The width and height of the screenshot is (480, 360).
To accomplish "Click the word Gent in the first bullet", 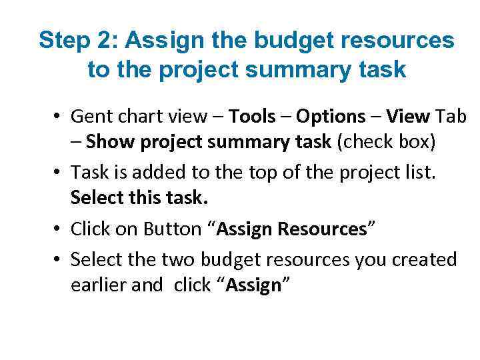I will [89, 117].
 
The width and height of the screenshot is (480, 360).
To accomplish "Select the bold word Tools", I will [252, 117].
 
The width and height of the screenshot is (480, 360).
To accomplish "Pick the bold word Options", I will [331, 117].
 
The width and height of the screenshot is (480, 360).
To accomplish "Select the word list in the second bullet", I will [418, 172].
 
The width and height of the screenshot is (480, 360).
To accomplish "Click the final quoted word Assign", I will [254, 285].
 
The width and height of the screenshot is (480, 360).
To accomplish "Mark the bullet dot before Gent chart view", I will [59, 117].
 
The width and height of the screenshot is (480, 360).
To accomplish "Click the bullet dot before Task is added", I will [59, 173].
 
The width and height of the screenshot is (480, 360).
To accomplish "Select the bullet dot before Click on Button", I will [59, 229].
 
